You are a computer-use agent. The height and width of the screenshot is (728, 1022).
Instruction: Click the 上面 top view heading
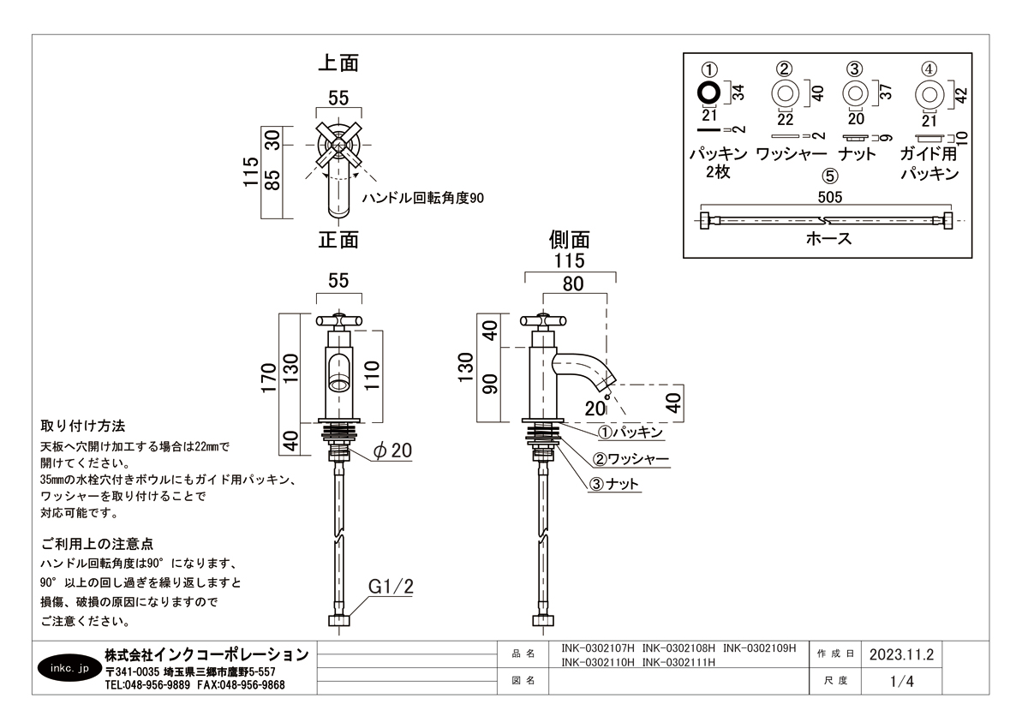click(338, 63)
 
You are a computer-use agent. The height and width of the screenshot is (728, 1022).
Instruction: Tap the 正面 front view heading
click(338, 239)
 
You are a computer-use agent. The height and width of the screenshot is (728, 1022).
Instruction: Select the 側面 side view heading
click(570, 239)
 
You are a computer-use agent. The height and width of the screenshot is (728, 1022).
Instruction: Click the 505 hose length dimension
click(830, 196)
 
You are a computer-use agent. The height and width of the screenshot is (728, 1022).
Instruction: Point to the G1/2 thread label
click(391, 587)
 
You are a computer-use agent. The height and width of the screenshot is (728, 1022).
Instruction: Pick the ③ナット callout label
click(616, 484)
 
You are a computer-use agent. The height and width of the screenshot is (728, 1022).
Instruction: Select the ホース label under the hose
click(828, 239)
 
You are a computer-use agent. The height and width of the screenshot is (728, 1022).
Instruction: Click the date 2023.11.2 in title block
click(899, 654)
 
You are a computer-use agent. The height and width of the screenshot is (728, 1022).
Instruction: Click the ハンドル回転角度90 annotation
click(423, 198)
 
